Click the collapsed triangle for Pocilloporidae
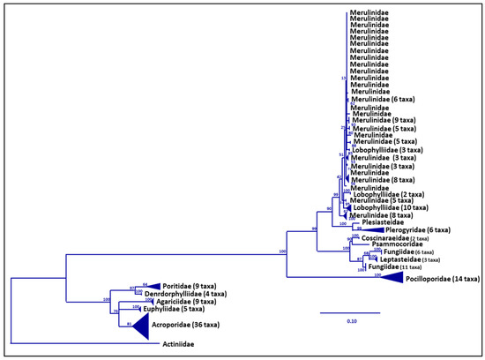click(389, 277)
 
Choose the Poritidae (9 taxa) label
click(190, 286)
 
